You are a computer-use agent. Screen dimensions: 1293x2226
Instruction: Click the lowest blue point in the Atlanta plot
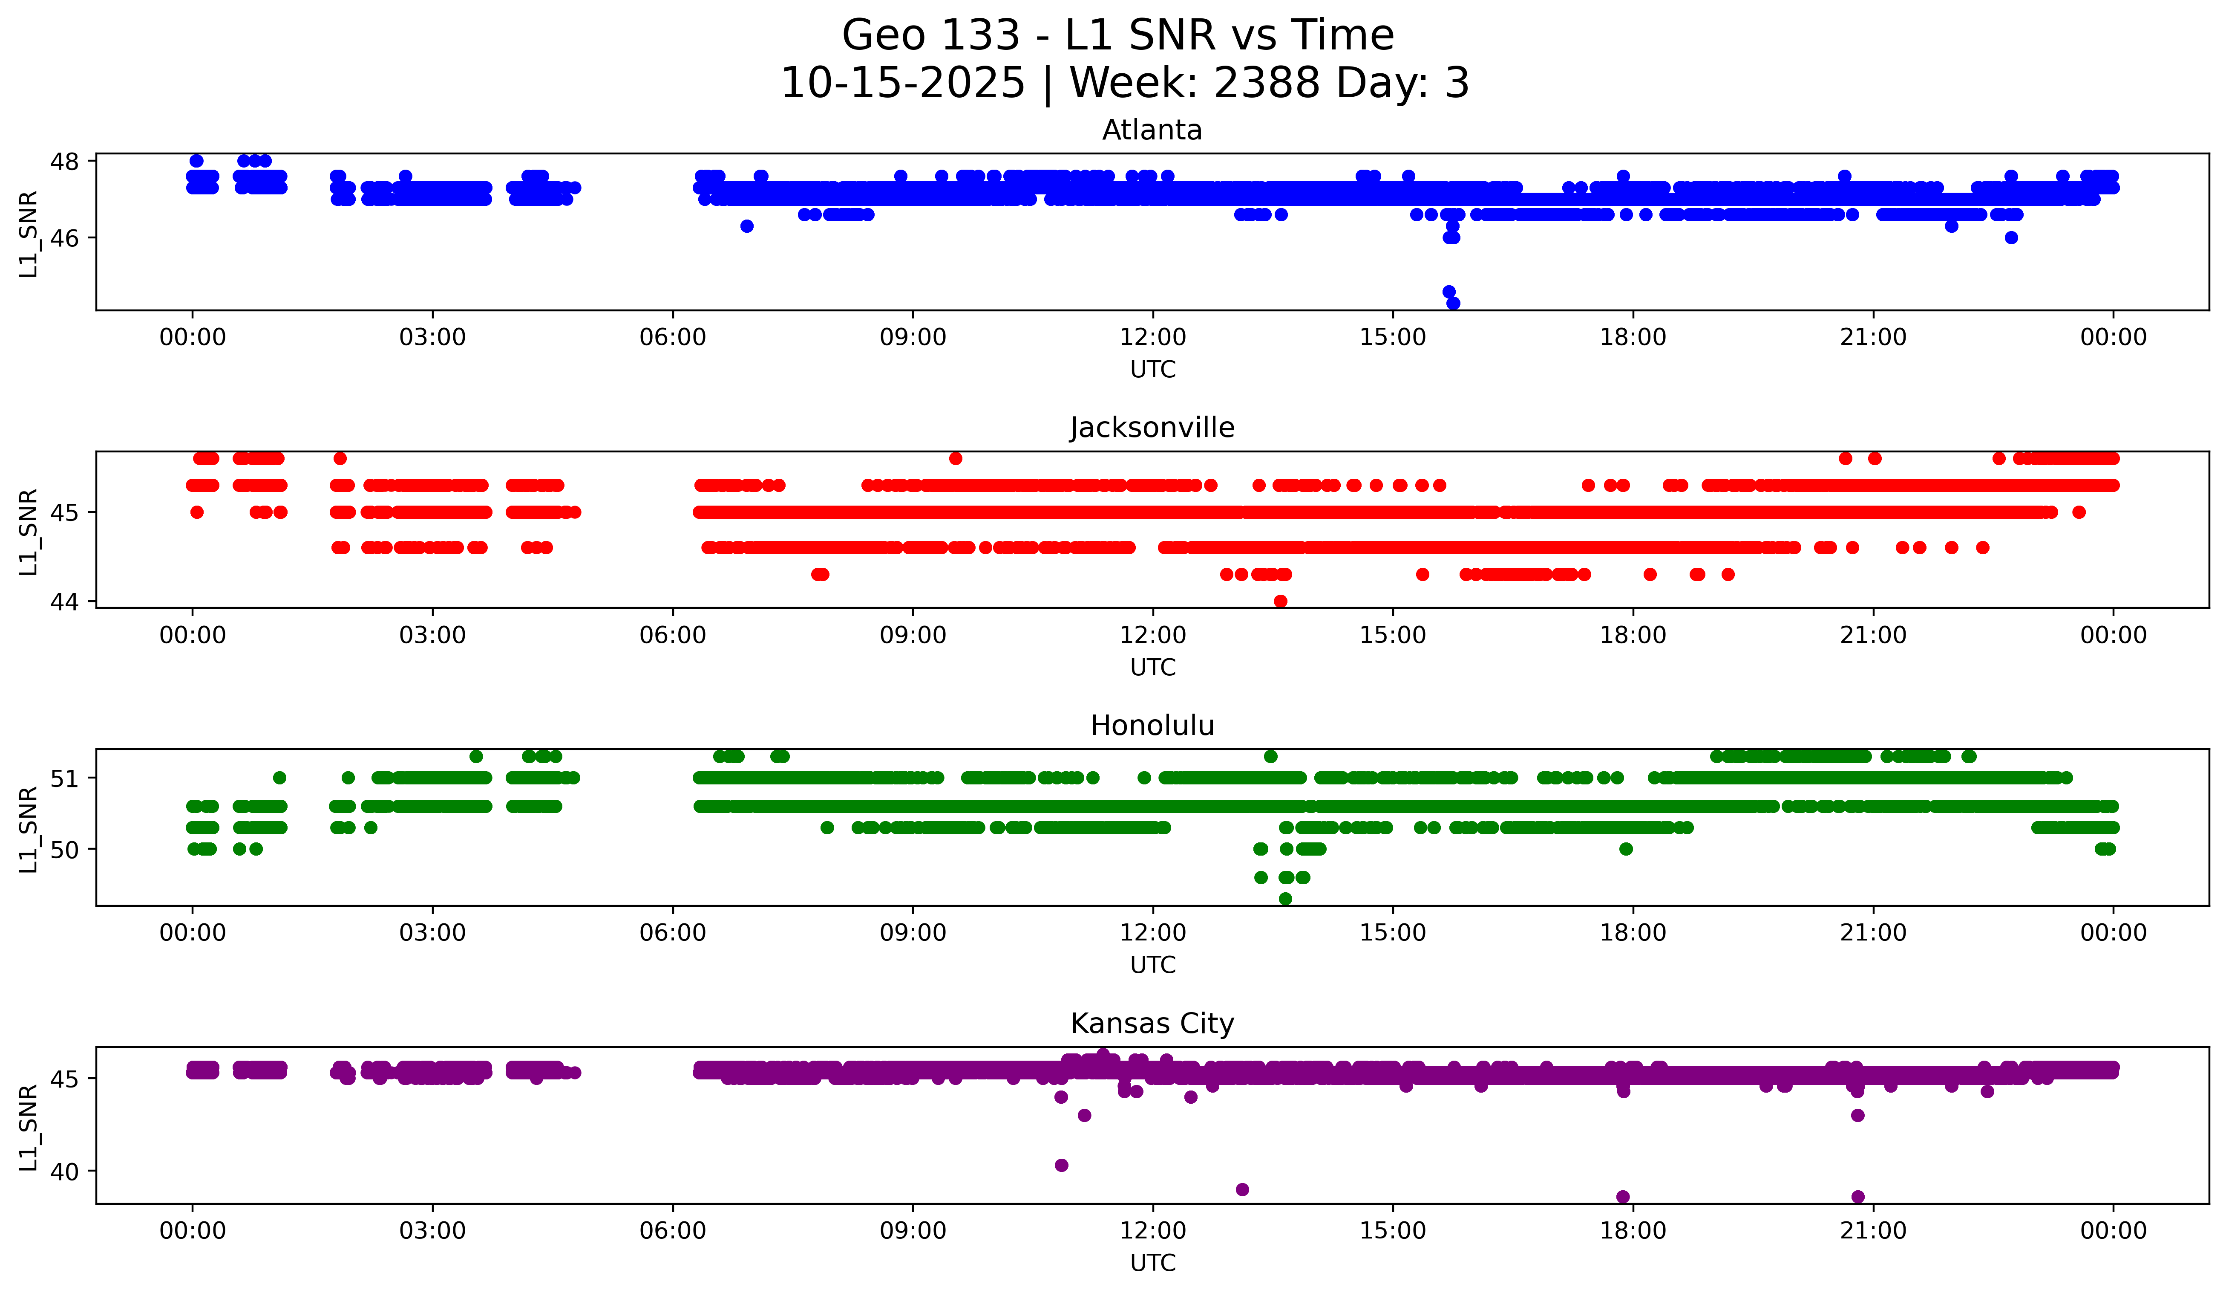[1453, 303]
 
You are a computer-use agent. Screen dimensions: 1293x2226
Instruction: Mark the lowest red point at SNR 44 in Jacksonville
[1280, 601]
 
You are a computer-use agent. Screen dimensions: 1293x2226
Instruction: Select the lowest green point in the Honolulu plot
[1285, 899]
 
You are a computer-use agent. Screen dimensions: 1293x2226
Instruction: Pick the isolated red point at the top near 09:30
[955, 458]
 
